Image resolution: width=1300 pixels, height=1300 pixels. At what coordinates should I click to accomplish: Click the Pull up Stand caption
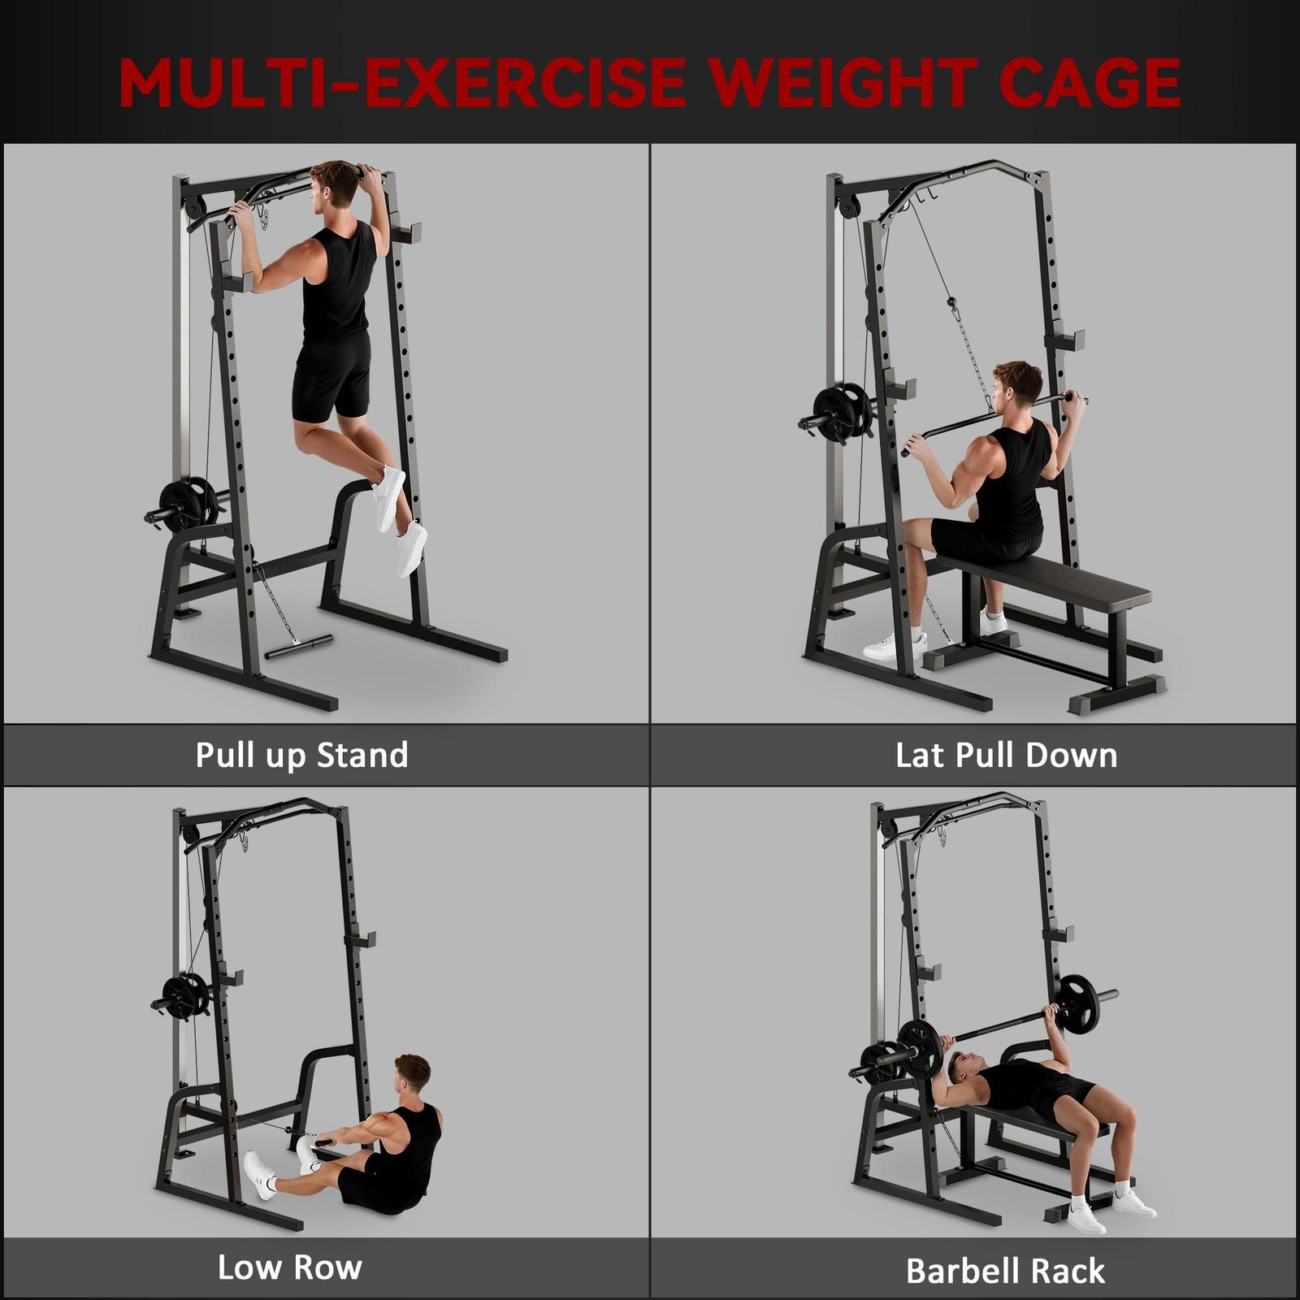point(301,756)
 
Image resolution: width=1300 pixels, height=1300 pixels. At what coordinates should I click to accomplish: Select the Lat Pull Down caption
point(1006,755)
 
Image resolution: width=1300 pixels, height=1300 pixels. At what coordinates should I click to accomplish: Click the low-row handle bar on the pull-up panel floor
point(299,646)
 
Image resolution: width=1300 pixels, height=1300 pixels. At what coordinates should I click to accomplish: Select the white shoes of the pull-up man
point(401,520)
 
